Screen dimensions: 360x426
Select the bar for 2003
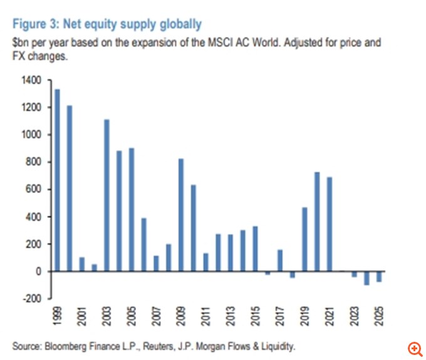(x=106, y=195)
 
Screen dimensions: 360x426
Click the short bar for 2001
(x=82, y=264)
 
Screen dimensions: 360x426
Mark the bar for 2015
(x=255, y=248)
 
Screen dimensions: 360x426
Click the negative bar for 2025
(x=379, y=277)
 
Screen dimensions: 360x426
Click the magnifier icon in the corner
(x=414, y=348)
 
